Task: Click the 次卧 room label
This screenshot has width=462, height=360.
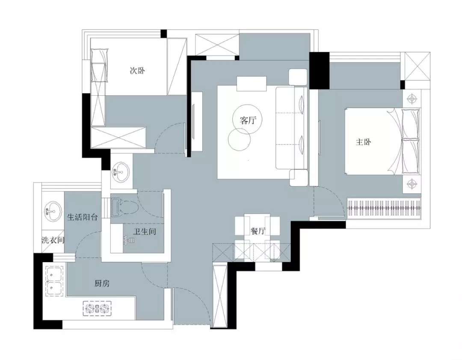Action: click(137, 71)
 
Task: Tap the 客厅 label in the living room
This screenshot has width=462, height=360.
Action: click(249, 120)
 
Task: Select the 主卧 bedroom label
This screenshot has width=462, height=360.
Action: click(363, 142)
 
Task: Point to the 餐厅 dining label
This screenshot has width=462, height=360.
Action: click(258, 231)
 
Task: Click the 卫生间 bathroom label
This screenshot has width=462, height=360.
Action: click(145, 232)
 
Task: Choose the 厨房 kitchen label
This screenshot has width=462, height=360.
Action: click(102, 283)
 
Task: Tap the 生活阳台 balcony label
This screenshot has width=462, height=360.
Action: click(82, 218)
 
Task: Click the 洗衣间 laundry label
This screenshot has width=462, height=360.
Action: click(53, 240)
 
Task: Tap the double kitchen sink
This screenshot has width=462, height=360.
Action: click(54, 281)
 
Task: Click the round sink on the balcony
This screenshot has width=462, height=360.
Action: click(53, 210)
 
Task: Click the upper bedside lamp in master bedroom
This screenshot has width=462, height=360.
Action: click(412, 99)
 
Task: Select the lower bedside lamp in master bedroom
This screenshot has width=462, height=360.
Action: click(412, 184)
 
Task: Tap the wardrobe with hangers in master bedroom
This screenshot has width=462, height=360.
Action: click(384, 207)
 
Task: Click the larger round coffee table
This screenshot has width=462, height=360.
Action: click(247, 120)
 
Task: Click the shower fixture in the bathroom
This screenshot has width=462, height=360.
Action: click(127, 240)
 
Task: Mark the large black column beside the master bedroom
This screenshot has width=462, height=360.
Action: click(319, 70)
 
